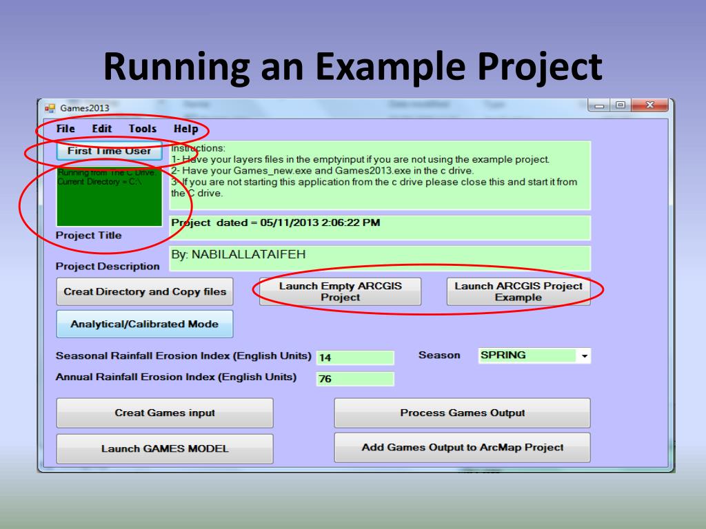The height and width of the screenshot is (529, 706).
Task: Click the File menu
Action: pyautogui.click(x=65, y=129)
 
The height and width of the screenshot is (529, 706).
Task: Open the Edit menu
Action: pyautogui.click(x=102, y=129)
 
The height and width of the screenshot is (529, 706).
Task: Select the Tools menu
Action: pyautogui.click(x=142, y=129)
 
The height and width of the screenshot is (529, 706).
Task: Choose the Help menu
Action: pyautogui.click(x=185, y=129)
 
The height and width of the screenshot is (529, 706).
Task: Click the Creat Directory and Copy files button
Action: pyautogui.click(x=145, y=291)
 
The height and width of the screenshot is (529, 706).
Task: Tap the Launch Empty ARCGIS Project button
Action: pyautogui.click(x=340, y=291)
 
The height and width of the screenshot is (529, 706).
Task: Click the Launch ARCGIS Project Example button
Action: pyautogui.click(x=518, y=291)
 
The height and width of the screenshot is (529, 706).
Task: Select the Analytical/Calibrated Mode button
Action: pyautogui.click(x=145, y=324)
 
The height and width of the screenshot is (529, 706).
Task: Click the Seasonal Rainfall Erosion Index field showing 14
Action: pyautogui.click(x=354, y=357)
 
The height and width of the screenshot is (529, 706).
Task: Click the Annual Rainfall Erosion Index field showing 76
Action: pyautogui.click(x=354, y=379)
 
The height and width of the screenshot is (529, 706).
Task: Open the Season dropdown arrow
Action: pyautogui.click(x=585, y=356)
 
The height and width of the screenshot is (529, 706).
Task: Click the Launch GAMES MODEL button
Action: pyautogui.click(x=165, y=448)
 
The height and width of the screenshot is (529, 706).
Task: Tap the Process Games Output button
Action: pyautogui.click(x=462, y=413)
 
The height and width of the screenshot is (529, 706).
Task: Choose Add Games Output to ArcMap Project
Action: pyautogui.click(x=462, y=448)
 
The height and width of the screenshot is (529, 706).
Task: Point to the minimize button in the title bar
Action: pyautogui.click(x=598, y=106)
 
